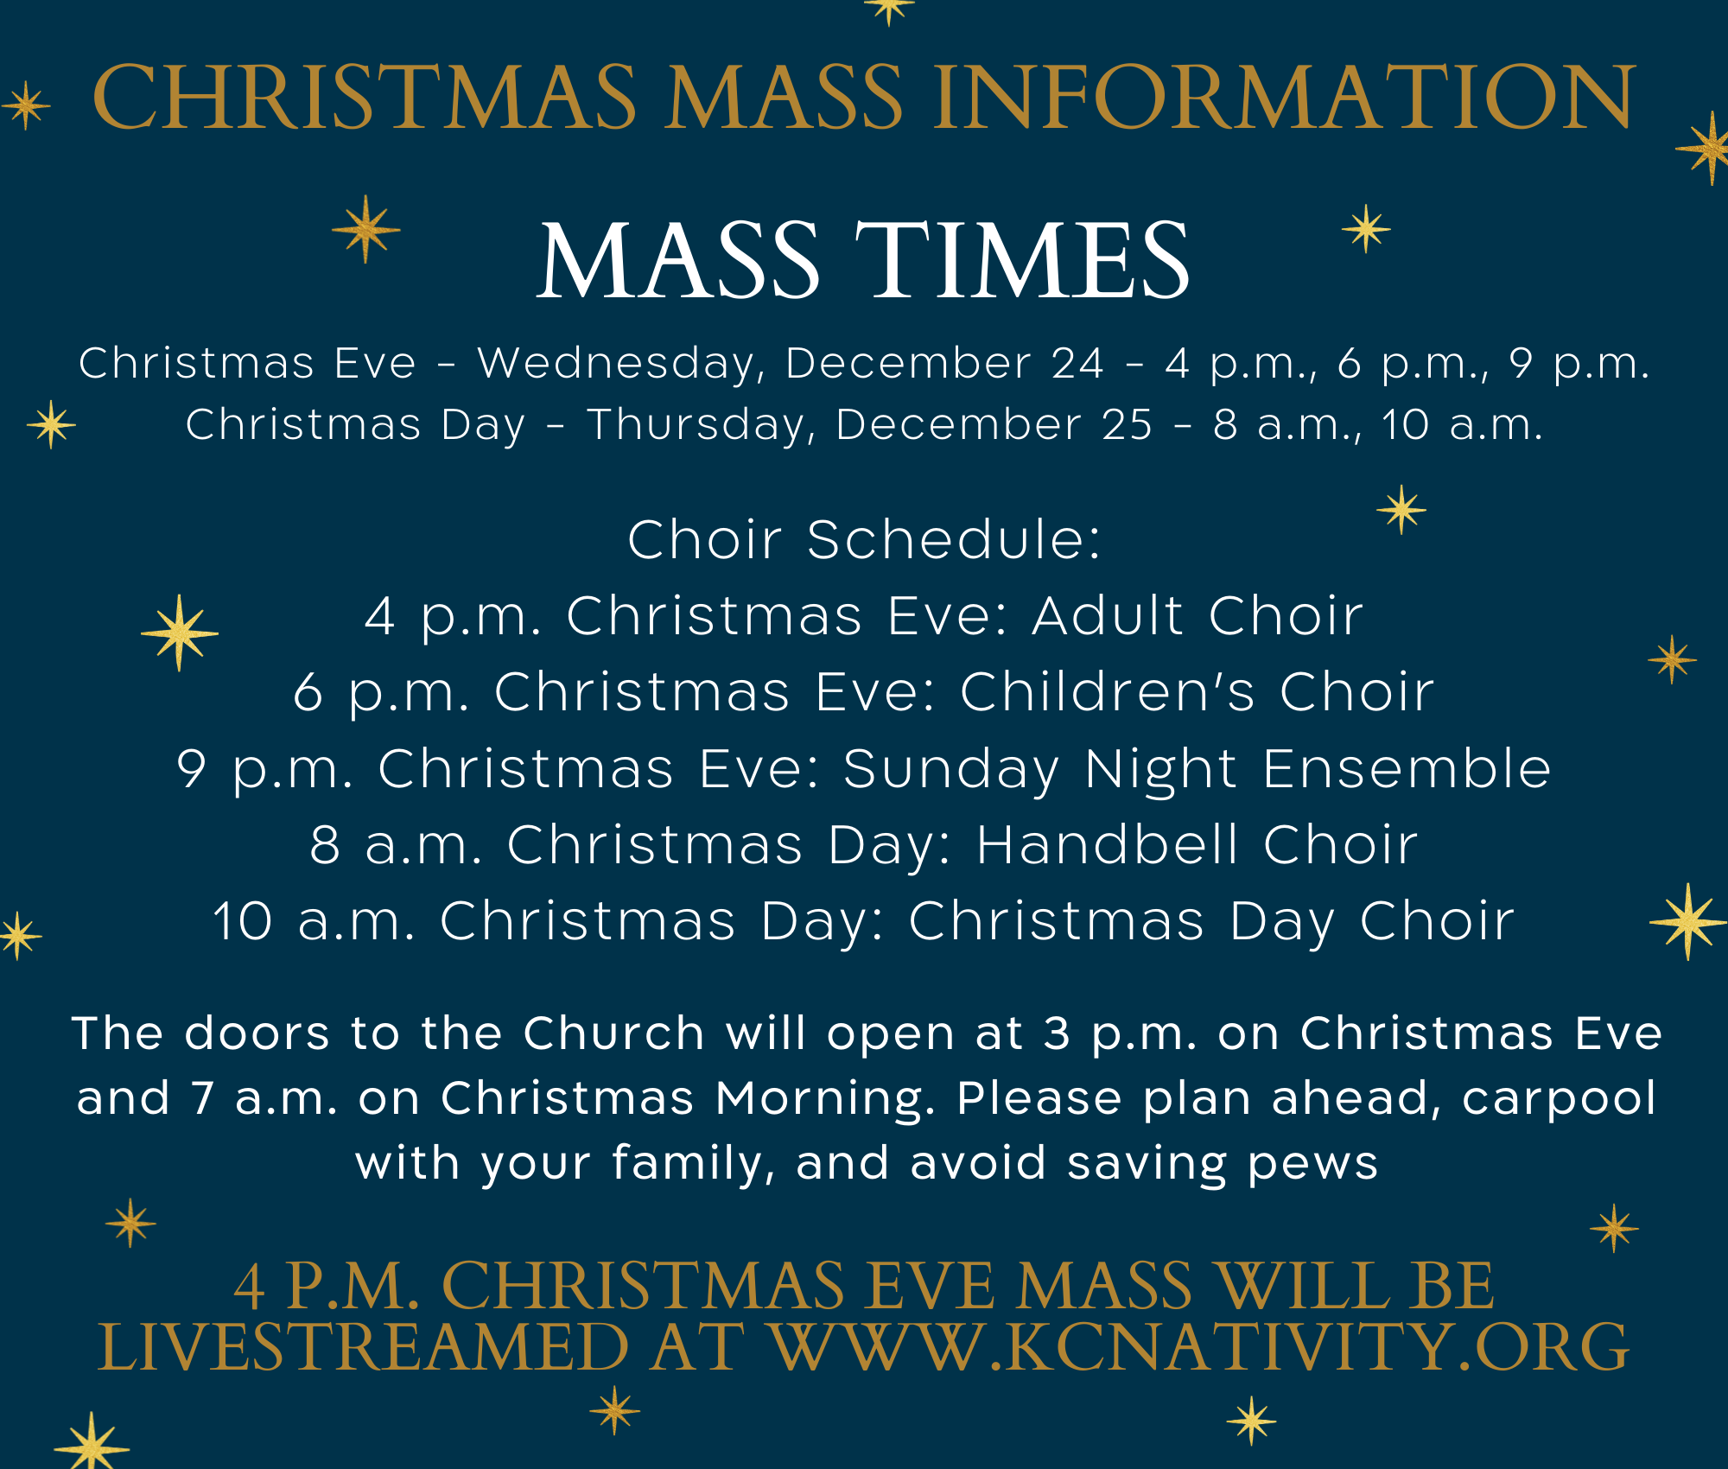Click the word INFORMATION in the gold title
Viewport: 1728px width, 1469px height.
click(x=1284, y=97)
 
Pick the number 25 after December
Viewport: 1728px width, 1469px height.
click(x=1127, y=424)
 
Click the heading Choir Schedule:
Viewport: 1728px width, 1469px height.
click(x=864, y=539)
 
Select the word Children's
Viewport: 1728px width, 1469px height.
click(x=1108, y=691)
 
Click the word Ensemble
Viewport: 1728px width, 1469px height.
click(x=1407, y=768)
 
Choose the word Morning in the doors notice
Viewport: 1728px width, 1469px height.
click(x=825, y=1100)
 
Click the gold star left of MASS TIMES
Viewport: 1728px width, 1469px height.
click(x=366, y=229)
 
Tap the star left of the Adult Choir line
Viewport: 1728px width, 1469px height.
click(x=180, y=633)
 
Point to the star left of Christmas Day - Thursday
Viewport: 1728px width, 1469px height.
click(x=52, y=424)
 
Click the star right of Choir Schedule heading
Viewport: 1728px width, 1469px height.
click(x=1401, y=510)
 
